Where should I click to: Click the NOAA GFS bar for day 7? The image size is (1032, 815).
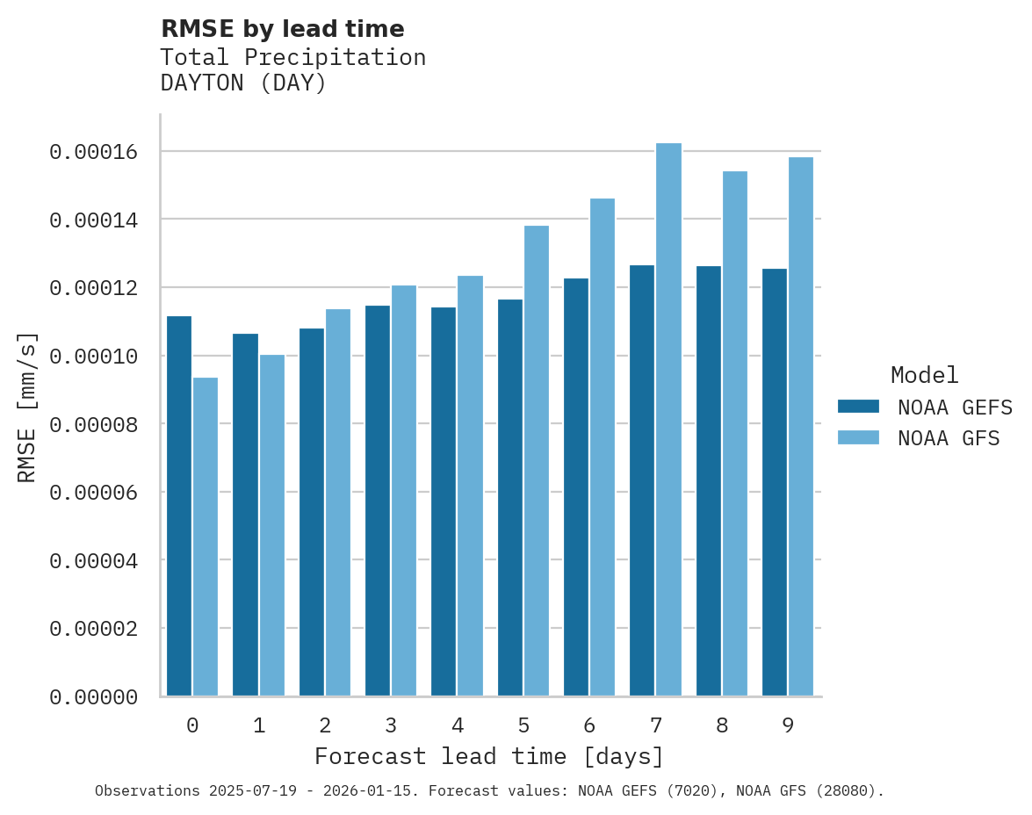point(668,420)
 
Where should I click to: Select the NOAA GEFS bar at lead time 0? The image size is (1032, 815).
point(179,506)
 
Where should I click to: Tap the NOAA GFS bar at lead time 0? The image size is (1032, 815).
point(206,537)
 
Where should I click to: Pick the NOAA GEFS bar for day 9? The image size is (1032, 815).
point(775,482)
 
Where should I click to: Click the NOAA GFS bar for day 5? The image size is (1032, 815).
point(536,461)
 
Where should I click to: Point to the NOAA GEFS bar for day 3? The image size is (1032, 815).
point(378,501)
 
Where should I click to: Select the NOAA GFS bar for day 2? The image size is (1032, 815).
point(338,502)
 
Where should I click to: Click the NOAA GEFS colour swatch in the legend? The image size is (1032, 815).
point(859,406)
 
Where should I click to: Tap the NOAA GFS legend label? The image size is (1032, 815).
point(949,438)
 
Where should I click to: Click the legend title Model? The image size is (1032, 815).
point(924,375)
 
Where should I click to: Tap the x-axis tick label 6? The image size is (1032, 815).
point(589,725)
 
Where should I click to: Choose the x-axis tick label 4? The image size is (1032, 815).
point(458,725)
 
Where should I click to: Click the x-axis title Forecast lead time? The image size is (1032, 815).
point(488,756)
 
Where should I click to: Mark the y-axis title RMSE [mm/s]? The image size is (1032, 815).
point(27,407)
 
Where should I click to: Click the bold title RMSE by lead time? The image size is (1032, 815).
point(282,29)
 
